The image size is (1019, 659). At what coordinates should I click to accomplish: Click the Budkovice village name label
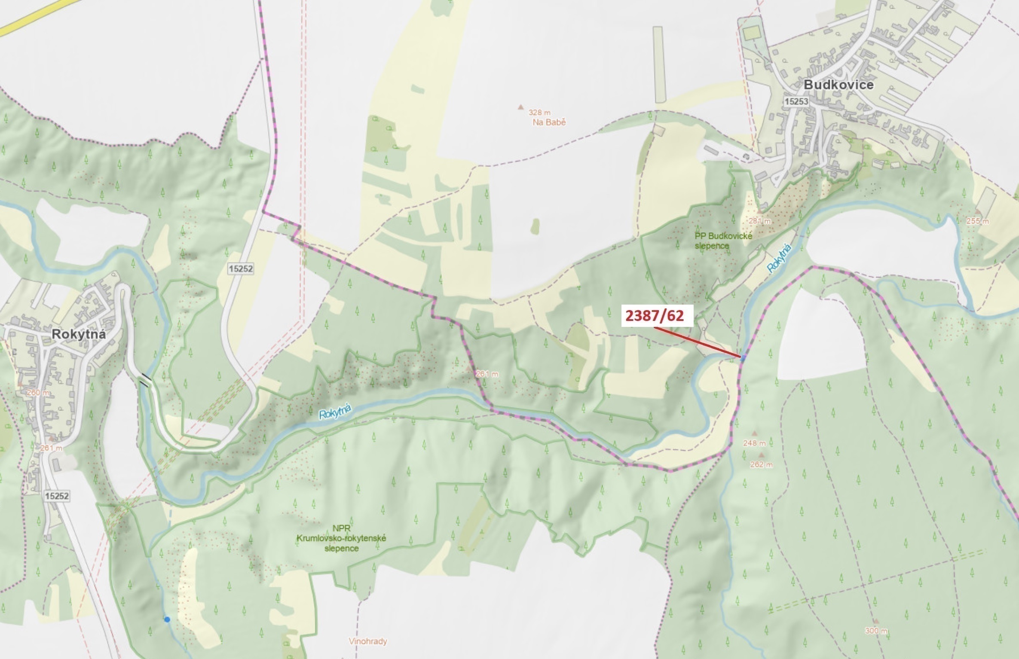[x=838, y=85]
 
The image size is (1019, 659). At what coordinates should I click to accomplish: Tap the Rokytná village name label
[x=78, y=334]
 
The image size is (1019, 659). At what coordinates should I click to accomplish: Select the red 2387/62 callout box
[x=654, y=316]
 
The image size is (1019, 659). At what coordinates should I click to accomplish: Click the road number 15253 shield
[x=796, y=101]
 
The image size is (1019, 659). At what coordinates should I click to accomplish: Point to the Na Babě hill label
[x=549, y=122]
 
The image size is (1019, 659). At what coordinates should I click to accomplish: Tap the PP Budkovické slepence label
[x=723, y=241]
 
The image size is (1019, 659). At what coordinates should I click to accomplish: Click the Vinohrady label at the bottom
[x=368, y=641]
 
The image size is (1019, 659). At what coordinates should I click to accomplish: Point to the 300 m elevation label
[x=876, y=631]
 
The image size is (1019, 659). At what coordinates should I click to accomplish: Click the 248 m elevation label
[x=754, y=443]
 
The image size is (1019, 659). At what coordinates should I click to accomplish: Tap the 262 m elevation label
[x=761, y=464]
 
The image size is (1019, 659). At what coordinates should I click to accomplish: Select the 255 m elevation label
[x=977, y=221]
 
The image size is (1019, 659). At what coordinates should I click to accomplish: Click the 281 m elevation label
[x=759, y=221]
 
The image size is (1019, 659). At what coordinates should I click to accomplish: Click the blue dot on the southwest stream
[x=167, y=619]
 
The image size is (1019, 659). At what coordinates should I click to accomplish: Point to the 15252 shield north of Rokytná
[x=241, y=269]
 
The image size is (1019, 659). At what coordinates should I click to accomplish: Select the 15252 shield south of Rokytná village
[x=57, y=496]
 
